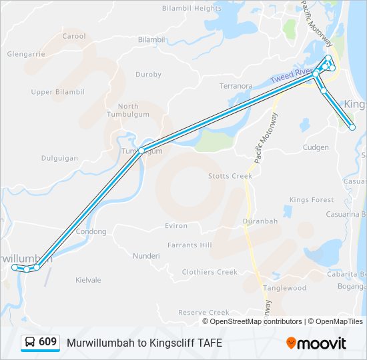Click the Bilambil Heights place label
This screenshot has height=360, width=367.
point(192,9)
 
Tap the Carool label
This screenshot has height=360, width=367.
point(74,36)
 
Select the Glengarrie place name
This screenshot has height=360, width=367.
point(26,54)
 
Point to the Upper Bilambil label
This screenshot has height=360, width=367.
point(57,92)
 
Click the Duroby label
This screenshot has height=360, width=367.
point(148,75)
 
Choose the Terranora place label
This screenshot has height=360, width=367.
point(236,86)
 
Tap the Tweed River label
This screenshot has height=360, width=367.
point(292,75)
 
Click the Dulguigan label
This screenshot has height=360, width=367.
point(59,159)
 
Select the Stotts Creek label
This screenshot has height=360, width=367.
point(230,176)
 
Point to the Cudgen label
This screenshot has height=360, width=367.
point(316,147)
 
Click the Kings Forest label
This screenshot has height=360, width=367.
point(312,200)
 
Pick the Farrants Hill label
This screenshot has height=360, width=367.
point(190,245)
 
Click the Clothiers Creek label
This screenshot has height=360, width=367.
point(210,272)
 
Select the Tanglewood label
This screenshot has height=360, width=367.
point(285,288)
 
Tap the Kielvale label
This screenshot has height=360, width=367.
point(88,280)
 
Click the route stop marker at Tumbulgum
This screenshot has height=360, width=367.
point(141,151)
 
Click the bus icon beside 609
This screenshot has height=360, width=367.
point(30,343)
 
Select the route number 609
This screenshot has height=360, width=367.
point(47,342)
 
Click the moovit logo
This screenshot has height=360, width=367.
point(316,343)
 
